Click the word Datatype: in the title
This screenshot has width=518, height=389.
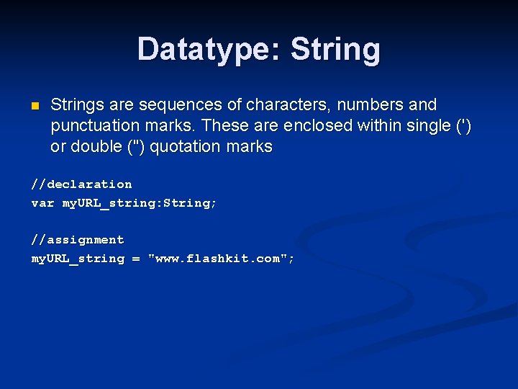209,50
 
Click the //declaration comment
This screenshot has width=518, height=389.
81,184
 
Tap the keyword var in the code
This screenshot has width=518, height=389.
42,203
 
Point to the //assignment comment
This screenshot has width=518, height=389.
78,240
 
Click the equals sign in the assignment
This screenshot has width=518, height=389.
136,259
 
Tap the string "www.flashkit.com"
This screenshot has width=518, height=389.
219,259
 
